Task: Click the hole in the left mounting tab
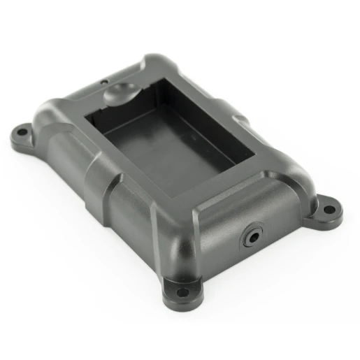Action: coord(22,131)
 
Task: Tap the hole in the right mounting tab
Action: coord(327,207)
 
